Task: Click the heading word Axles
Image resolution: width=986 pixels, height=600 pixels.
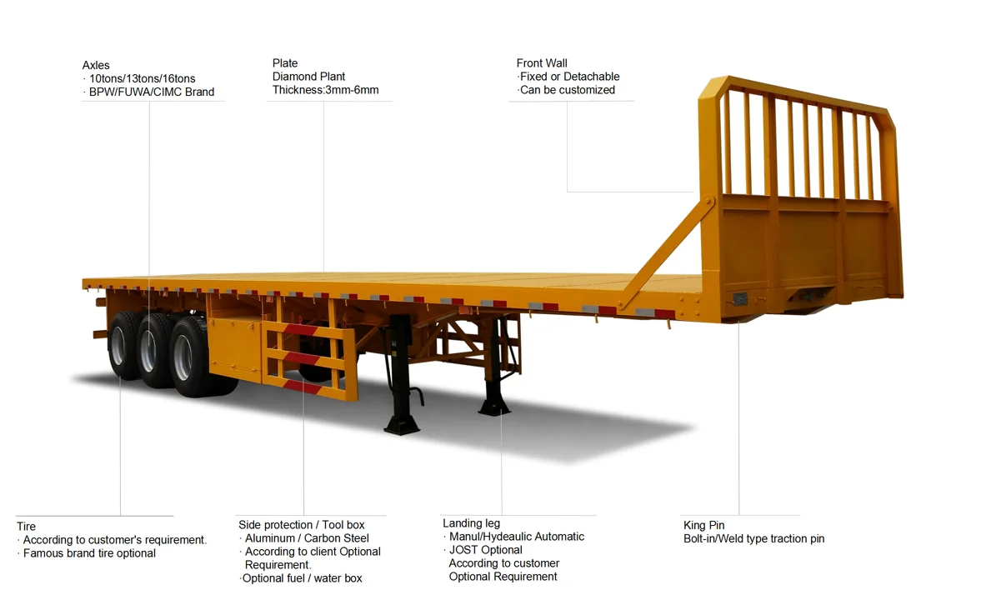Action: (96, 65)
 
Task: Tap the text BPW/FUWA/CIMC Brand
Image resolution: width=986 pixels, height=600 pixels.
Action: (151, 92)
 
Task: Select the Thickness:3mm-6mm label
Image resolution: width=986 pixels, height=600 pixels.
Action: (325, 90)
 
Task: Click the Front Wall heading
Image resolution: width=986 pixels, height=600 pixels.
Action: (542, 63)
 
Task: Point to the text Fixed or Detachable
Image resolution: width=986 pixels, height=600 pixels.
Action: (569, 77)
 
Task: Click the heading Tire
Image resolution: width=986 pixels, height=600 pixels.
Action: (26, 527)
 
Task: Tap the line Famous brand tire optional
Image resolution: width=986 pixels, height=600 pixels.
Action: (89, 553)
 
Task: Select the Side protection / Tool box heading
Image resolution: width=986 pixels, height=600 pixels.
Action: (302, 525)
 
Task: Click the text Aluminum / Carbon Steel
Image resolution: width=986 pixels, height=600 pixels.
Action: (307, 538)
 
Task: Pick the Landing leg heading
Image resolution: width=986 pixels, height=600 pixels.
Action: (472, 523)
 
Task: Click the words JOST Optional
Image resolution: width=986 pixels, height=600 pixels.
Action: (486, 550)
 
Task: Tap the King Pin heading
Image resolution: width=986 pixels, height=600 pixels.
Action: (704, 525)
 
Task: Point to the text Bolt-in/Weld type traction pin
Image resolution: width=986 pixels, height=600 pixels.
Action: (754, 538)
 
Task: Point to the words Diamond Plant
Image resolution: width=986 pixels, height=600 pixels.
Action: (308, 77)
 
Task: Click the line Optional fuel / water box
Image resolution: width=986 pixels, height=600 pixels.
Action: (302, 578)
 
